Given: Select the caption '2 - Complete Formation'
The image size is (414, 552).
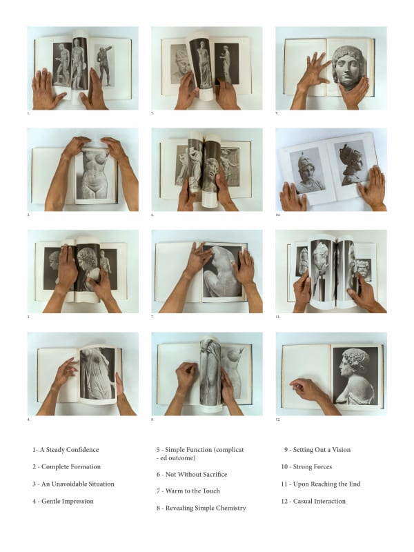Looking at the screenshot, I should click(x=66, y=467).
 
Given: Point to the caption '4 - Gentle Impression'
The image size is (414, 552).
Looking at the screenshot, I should click(x=63, y=501).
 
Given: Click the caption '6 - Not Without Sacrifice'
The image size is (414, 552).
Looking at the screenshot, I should click(x=191, y=475).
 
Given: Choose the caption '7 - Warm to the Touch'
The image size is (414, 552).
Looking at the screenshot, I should click(x=188, y=491).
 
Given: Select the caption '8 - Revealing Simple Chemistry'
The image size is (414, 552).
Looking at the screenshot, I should click(x=201, y=508).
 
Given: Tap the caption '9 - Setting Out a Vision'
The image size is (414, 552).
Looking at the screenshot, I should click(x=317, y=450).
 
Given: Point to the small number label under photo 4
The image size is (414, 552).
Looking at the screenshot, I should click(x=28, y=419).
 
